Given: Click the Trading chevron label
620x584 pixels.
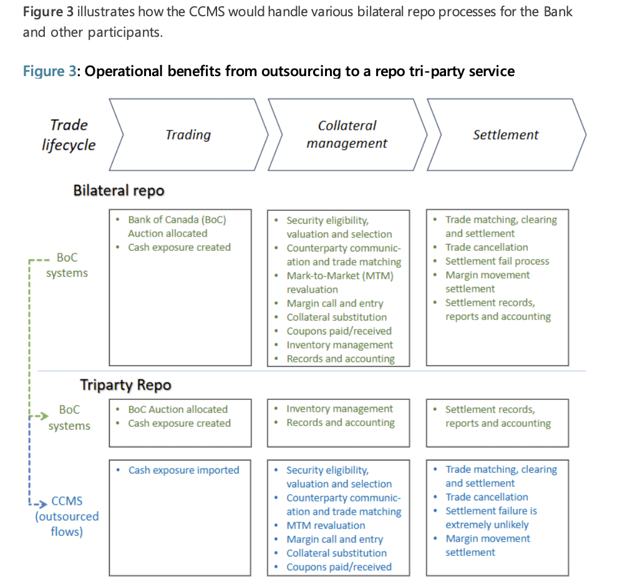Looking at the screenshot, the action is (x=188, y=135).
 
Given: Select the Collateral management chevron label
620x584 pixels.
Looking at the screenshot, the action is (x=347, y=134).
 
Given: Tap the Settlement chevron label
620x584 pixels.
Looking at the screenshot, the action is (x=506, y=135).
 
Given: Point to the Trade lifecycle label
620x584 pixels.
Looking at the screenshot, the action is (x=69, y=135).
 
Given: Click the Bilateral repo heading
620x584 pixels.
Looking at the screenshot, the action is (x=119, y=190).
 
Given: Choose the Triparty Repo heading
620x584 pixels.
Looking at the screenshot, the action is (x=126, y=385).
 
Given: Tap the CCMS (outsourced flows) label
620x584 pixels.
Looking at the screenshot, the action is (x=67, y=516).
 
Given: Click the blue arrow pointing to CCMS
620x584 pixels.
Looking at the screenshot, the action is (x=38, y=504).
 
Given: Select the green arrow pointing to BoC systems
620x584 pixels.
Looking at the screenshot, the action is (x=39, y=416).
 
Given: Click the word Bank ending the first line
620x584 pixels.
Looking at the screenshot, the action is (x=558, y=11).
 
